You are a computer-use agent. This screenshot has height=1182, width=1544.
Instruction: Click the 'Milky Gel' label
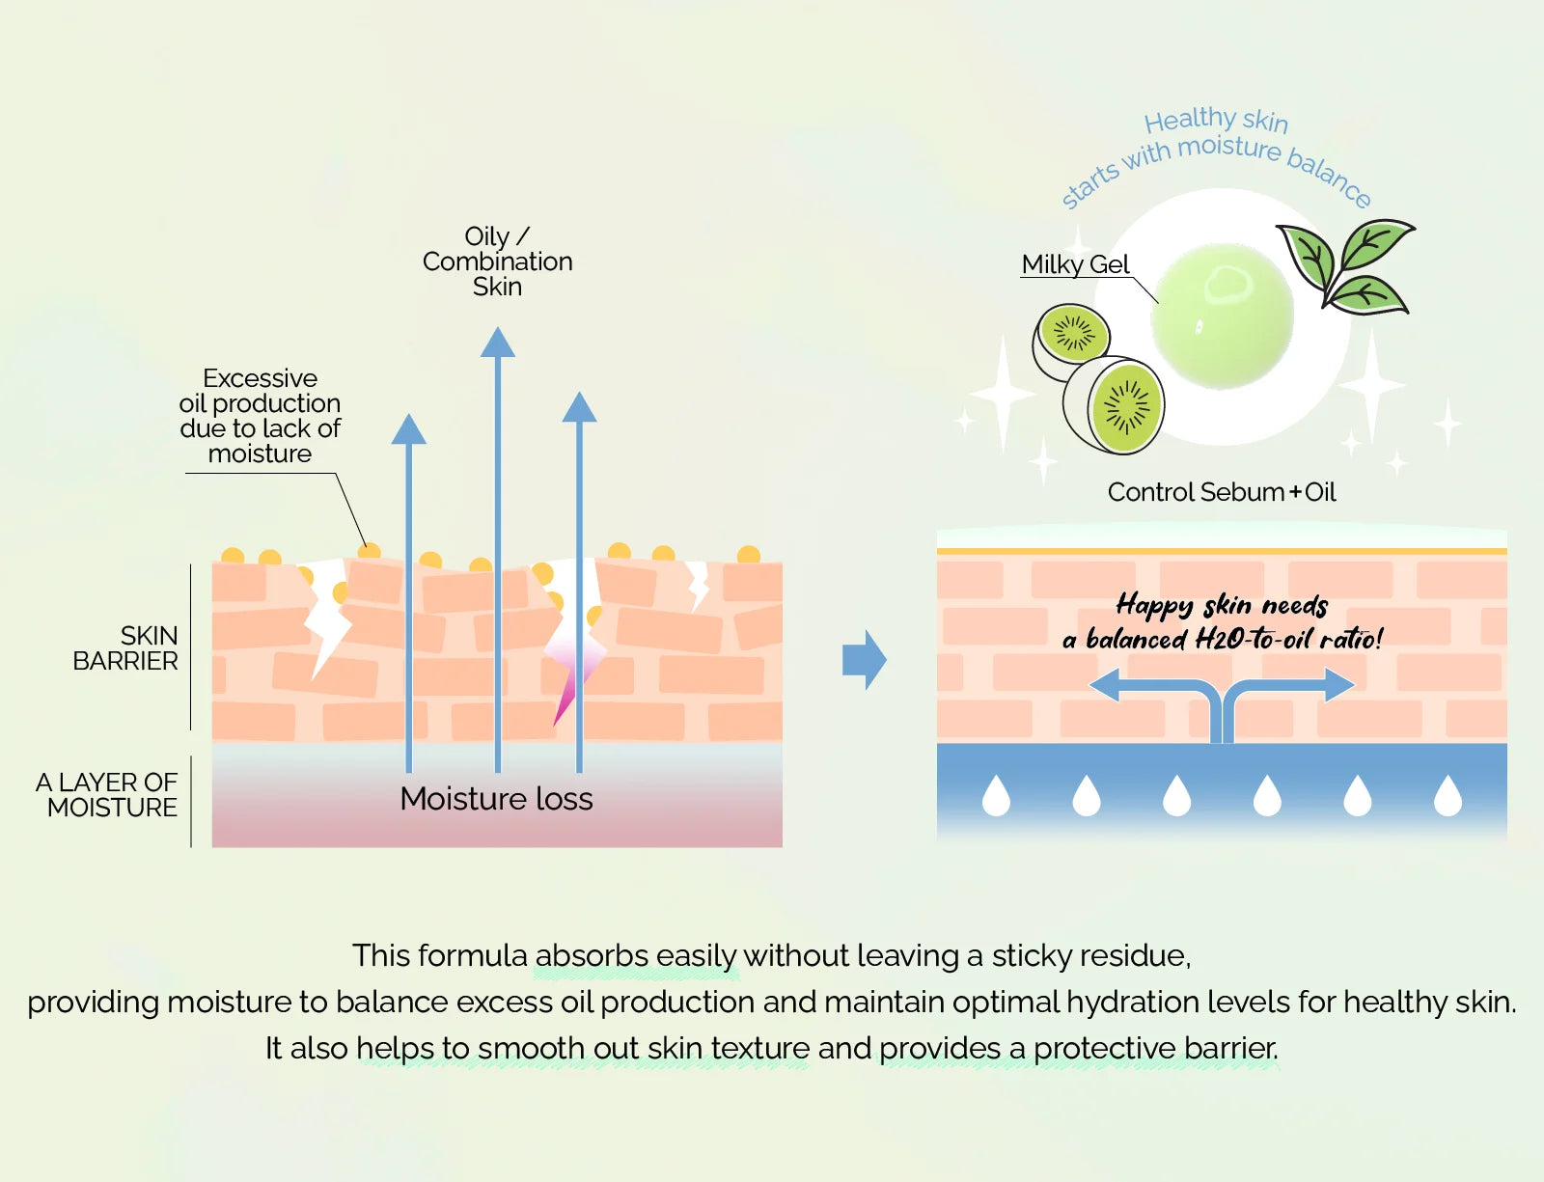pos(1075,264)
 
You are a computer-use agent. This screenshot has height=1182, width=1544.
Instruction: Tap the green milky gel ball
pos(1222,316)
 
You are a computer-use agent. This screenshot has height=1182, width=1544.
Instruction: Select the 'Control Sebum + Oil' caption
pos(1222,491)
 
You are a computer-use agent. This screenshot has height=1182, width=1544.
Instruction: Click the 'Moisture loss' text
pos(496,798)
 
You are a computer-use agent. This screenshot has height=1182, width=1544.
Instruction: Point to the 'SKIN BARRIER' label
pos(125,647)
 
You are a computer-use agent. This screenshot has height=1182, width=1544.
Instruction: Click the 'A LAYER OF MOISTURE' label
pos(106,795)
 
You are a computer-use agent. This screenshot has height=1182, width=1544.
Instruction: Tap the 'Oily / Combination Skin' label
pos(497,261)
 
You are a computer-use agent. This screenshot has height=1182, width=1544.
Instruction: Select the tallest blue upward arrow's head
pos(497,342)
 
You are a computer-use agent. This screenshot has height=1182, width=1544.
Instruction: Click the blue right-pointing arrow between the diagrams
pos(864,659)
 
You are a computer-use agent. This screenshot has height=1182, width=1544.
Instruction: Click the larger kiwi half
pos(1115,405)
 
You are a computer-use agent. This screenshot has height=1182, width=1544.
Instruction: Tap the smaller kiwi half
pos(1071,341)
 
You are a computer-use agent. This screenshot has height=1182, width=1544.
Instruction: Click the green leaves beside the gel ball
pos(1346,266)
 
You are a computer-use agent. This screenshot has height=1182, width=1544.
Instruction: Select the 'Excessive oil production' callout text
pos(260,416)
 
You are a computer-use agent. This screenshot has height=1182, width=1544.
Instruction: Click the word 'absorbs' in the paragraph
pos(592,955)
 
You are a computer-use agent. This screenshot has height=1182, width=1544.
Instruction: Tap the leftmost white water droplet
pos(996,795)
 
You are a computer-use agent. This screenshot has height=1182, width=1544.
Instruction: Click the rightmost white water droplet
pos(1447,795)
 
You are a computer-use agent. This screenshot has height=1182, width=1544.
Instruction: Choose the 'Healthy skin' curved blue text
pos(1216,120)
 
